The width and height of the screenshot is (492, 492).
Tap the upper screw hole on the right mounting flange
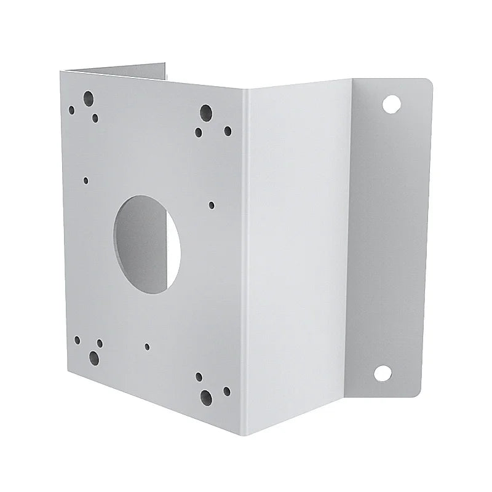click(x=389, y=103)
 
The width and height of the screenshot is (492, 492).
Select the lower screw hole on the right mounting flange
click(x=382, y=373)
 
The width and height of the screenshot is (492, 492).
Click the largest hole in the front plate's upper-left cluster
click(x=89, y=97)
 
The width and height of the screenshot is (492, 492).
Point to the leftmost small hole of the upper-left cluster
click(x=71, y=110)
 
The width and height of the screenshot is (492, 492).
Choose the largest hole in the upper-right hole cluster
click(x=206, y=112)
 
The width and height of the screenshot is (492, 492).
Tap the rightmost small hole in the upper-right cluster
click(x=228, y=130)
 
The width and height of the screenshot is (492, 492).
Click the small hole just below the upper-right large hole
click(x=199, y=132)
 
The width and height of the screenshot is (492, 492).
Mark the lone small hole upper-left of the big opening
click(x=85, y=181)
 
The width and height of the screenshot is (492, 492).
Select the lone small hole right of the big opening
click(x=212, y=205)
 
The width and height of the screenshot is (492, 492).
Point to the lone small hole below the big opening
click(x=147, y=346)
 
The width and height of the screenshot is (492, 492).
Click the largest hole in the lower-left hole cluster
click(x=94, y=357)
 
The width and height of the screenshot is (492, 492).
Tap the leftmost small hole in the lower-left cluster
click(x=77, y=339)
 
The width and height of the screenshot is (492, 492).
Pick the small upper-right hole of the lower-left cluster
click(x=100, y=343)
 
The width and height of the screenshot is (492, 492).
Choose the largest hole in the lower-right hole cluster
click(x=206, y=397)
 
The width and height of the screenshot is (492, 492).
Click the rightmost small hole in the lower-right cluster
click(x=227, y=391)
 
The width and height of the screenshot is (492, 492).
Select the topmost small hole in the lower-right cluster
click(x=199, y=376)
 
